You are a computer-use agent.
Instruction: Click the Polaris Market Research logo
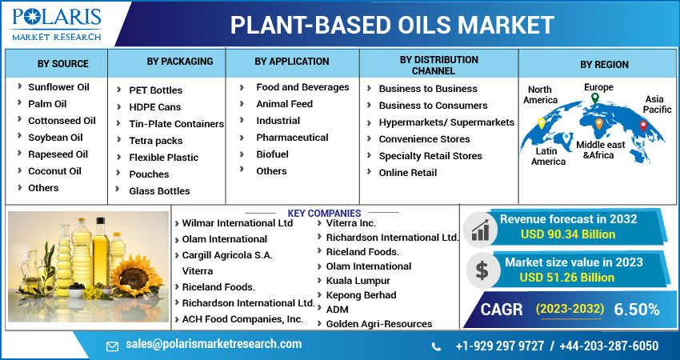coord(56,24)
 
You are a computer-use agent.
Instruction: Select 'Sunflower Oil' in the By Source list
coord(58,86)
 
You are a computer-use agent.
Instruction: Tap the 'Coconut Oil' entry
coord(54,170)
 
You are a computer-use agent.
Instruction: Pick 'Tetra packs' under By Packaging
coord(156,141)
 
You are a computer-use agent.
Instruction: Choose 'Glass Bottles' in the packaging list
coord(159,191)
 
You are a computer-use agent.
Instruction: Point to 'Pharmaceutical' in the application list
coord(292,138)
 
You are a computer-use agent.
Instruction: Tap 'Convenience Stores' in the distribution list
coord(424,139)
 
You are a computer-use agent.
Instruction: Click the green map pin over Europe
coord(594,99)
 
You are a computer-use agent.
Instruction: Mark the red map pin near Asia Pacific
coord(643,126)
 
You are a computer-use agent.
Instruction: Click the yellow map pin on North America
coord(541,123)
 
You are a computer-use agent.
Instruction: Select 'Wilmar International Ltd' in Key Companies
coord(237,223)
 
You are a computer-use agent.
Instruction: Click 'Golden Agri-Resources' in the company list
coord(378,324)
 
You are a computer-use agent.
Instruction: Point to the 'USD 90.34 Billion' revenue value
coord(568,234)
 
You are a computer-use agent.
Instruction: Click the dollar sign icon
coord(482,270)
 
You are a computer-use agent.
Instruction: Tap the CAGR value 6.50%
coord(637,309)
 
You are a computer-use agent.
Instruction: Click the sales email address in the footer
coord(214,344)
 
